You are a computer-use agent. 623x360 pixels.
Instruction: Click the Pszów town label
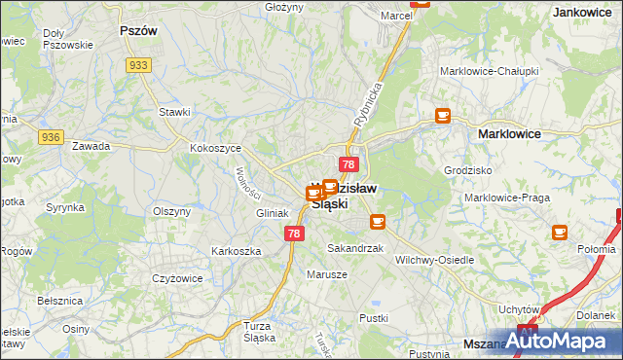pos(137,30)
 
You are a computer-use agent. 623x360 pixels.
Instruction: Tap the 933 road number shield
pos(137,64)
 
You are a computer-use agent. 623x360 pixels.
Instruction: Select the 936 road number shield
pos(51,138)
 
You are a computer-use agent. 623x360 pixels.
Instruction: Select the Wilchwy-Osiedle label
pos(435,260)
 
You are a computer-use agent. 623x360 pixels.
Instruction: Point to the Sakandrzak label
pos(355,249)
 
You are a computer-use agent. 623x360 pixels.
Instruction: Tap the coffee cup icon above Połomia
pos(560,232)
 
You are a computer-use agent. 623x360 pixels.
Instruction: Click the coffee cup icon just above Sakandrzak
pos(377,222)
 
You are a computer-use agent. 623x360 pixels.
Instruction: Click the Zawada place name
pos(92,146)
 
